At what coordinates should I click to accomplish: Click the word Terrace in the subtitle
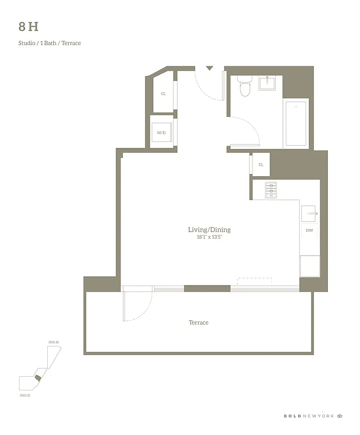click(71, 43)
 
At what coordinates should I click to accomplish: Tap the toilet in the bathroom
click(245, 87)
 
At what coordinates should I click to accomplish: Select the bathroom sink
click(268, 83)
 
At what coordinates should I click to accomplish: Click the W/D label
click(162, 133)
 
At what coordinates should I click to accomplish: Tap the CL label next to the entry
click(163, 94)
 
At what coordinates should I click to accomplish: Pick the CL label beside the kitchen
click(261, 165)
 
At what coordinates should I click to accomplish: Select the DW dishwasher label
click(309, 231)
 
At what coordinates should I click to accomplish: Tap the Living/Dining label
click(209, 230)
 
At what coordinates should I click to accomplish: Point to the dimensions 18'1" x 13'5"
click(209, 238)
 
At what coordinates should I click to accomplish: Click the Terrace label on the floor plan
click(198, 323)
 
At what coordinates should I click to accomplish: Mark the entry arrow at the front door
click(209, 68)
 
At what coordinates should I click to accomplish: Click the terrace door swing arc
click(139, 307)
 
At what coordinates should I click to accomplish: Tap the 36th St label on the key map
click(53, 342)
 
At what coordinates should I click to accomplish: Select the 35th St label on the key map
click(24, 395)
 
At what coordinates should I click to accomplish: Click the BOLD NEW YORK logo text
click(308, 416)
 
